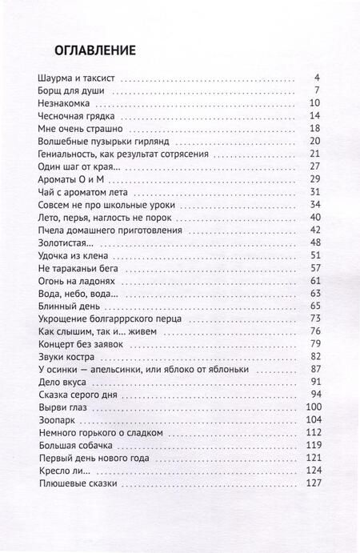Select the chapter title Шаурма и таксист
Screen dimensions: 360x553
pyautogui.click(x=77, y=78)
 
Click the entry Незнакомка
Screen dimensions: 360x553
pyautogui.click(x=66, y=104)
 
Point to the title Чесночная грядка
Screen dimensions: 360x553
pyautogui.click(x=78, y=117)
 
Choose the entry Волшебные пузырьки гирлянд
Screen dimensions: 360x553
pyautogui.click(x=104, y=142)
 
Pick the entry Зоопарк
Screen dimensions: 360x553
pyautogui.click(x=58, y=420)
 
